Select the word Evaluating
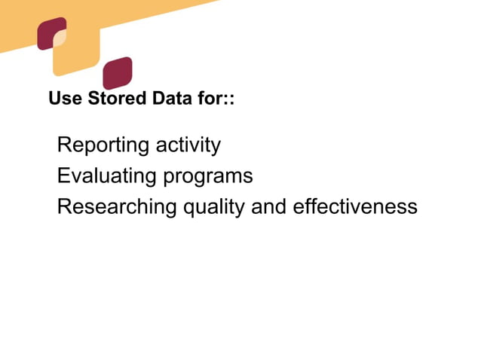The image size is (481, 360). pos(106,176)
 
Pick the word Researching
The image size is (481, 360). pos(118,207)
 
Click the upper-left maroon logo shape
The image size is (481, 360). pos(49,33)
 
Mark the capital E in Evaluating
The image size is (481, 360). pos(63,176)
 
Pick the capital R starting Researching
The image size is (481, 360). pos(64,206)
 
